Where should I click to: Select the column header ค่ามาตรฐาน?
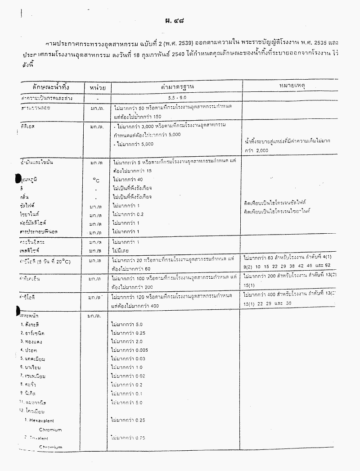point(176,86)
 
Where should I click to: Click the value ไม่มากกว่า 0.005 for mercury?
point(130,350)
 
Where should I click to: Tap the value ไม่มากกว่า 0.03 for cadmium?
point(128,358)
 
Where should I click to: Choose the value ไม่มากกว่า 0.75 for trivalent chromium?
point(128,437)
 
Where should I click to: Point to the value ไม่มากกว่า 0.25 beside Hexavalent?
point(128,420)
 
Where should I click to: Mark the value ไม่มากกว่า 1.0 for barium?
point(127,367)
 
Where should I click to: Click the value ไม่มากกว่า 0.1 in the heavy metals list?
point(127,394)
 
